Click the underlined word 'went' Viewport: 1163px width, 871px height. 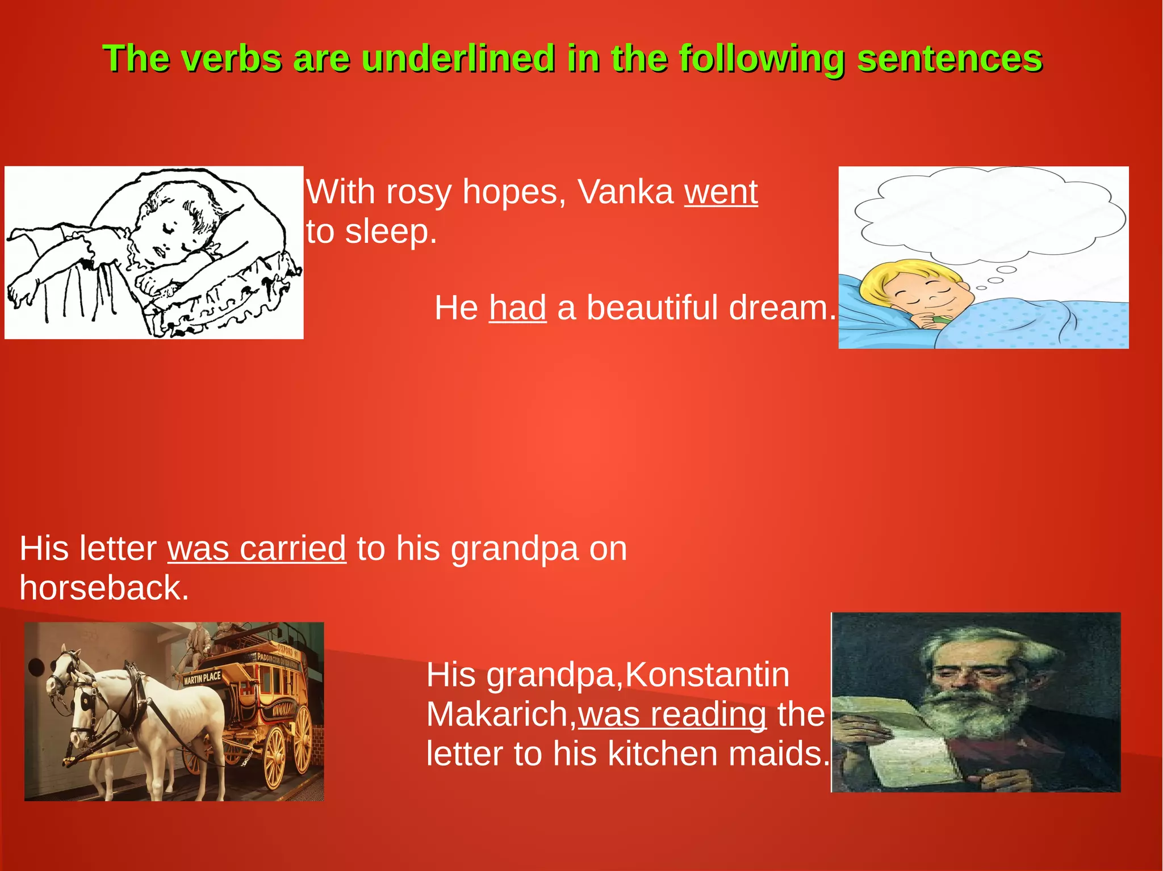pyautogui.click(x=721, y=192)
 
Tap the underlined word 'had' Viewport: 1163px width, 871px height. pyautogui.click(x=517, y=308)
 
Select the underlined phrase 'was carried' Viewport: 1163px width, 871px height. pyautogui.click(x=257, y=549)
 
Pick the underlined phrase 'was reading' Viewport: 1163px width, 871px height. pyautogui.click(x=672, y=714)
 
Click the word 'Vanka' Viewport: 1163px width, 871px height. pyautogui.click(x=625, y=192)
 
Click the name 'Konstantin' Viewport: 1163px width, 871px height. pyautogui.click(x=707, y=675)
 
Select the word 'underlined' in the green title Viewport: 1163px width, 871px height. pyautogui.click(x=458, y=58)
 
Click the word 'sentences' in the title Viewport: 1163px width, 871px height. pyautogui.click(x=949, y=58)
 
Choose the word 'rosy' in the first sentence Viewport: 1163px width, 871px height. pyautogui.click(x=419, y=192)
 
